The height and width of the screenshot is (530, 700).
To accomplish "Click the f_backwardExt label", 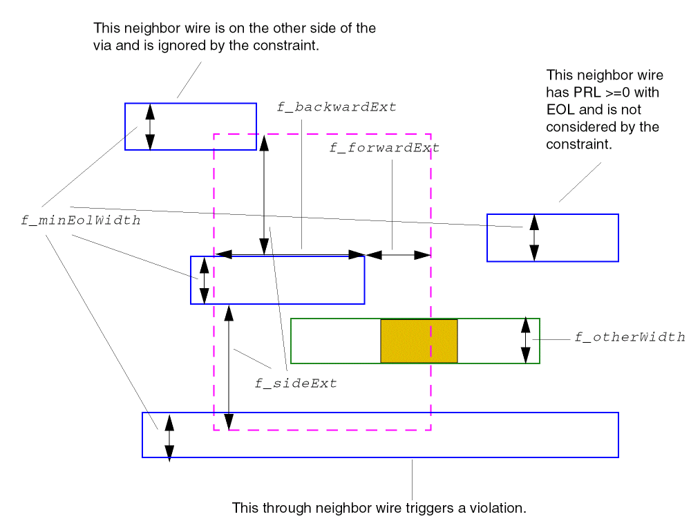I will pyautogui.click(x=337, y=107).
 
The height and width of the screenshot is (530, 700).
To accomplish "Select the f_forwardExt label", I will pyautogui.click(x=384, y=148).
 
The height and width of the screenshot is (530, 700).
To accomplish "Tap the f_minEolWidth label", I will pyautogui.click(x=81, y=221).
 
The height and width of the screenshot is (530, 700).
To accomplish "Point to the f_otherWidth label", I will pyautogui.click(x=630, y=337).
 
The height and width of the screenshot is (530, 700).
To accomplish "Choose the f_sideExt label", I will pyautogui.click(x=296, y=384).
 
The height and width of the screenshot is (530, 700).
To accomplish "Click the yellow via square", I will pyautogui.click(x=419, y=341).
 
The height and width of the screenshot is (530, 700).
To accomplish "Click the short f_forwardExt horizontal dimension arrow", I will pyautogui.click(x=399, y=255).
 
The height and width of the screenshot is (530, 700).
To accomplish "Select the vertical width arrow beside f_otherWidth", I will pyautogui.click(x=526, y=340).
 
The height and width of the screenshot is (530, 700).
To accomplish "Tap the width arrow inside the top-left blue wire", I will pyautogui.click(x=150, y=126).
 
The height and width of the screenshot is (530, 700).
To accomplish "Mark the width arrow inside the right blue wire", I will pyautogui.click(x=533, y=238).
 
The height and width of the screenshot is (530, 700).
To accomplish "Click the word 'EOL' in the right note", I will pyautogui.click(x=560, y=109).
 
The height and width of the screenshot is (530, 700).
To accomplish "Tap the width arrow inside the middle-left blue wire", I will pyautogui.click(x=204, y=280).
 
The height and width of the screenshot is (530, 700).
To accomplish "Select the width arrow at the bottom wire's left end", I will pyautogui.click(x=169, y=437).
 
